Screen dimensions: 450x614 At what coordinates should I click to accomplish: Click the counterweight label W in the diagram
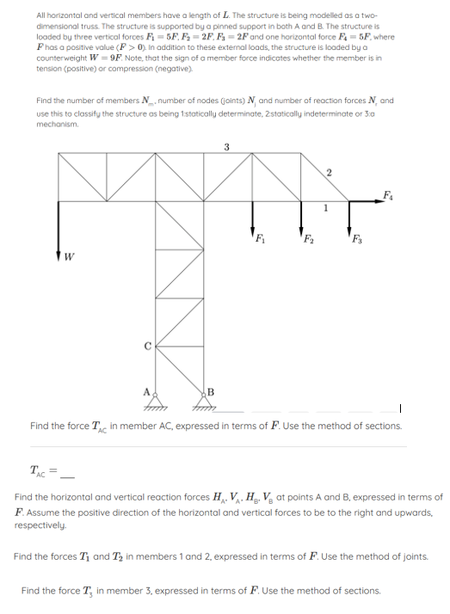point(70,255)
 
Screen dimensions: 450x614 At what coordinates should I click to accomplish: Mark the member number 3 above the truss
point(226,146)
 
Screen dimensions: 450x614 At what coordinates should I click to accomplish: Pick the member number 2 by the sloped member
point(329,174)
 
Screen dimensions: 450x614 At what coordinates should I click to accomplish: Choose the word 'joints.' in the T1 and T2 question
point(413,556)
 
